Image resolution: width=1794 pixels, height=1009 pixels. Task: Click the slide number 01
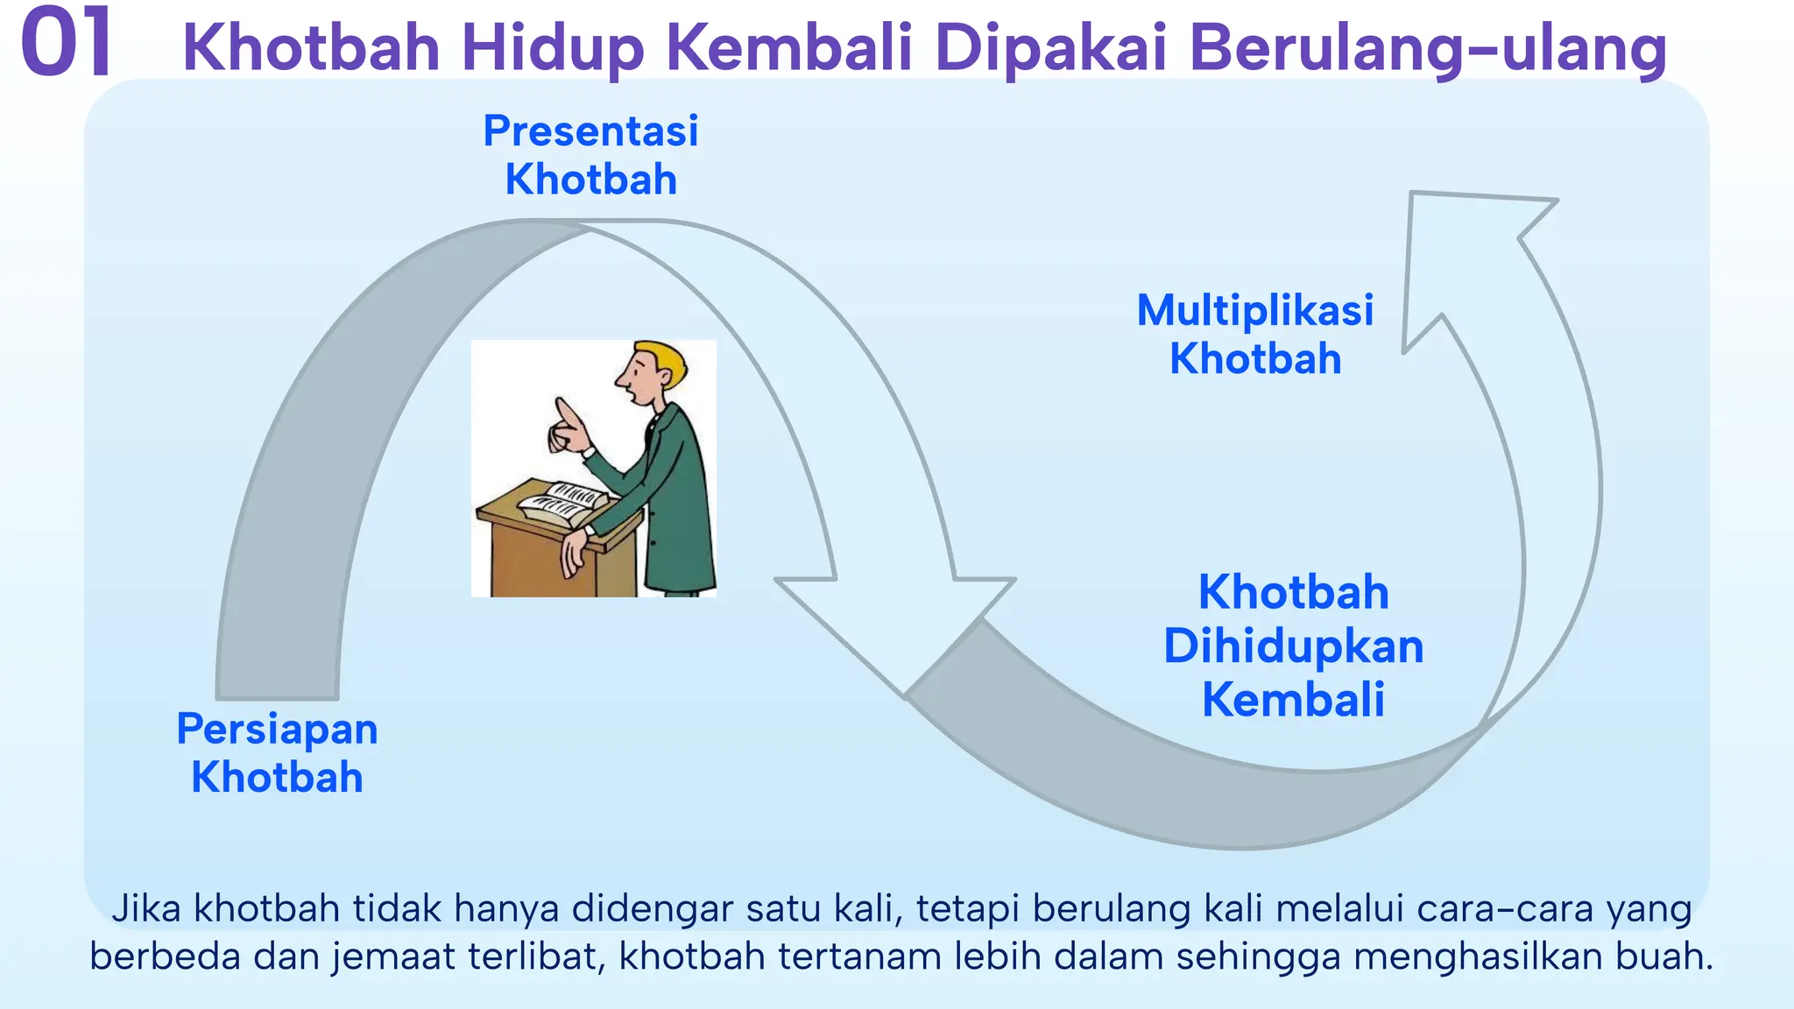(67, 42)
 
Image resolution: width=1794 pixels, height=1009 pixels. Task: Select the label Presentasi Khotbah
(590, 155)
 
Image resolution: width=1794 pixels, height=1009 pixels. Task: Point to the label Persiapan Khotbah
(277, 752)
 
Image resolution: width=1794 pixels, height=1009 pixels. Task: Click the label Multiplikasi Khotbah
(1254, 334)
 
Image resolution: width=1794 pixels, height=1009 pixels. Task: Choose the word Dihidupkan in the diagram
(1293, 646)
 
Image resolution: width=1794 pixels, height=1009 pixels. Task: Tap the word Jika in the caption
(145, 908)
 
